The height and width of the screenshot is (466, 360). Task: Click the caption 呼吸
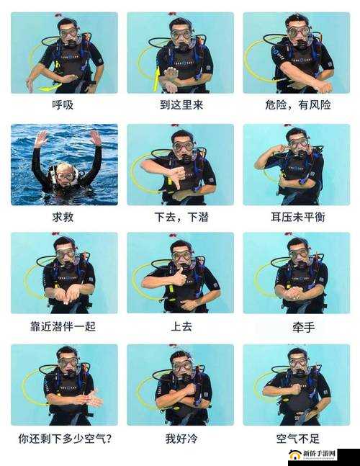63,104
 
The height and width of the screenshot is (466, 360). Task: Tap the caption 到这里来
180,104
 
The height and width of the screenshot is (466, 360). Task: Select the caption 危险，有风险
297,104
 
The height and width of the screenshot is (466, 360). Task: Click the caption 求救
63,216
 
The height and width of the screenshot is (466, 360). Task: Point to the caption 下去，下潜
180,216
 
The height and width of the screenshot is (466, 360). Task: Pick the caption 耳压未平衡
297,216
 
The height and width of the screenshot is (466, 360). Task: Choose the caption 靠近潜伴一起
63,326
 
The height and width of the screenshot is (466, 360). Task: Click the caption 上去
180,326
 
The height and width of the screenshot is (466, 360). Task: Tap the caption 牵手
297,326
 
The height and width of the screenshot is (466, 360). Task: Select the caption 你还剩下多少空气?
69,437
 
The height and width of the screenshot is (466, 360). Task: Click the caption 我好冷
180,437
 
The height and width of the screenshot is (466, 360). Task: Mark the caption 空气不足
297,437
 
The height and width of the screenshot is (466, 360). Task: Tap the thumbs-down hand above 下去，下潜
174,177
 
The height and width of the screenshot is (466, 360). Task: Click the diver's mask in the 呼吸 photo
68,33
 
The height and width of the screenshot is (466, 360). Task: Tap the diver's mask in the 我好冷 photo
182,365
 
